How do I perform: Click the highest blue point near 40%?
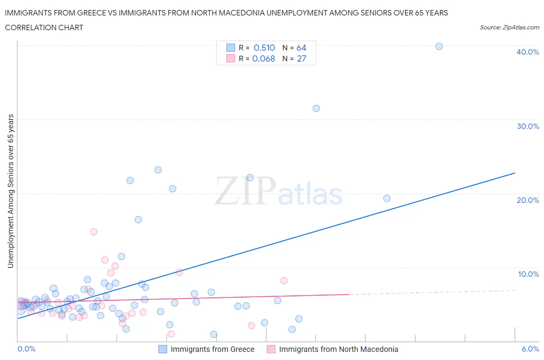[439, 46]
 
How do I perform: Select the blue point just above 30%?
[316, 108]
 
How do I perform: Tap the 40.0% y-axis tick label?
[527, 52]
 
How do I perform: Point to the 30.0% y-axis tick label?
[527, 126]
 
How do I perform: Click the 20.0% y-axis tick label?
[527, 200]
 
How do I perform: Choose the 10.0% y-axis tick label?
[528, 274]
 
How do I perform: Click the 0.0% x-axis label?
[26, 349]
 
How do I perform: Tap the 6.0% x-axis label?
[530, 349]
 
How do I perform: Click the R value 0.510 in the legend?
[264, 48]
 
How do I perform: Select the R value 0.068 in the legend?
[263, 58]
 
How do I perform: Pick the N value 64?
[301, 48]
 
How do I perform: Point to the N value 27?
[301, 58]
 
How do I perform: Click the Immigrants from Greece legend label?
[212, 349]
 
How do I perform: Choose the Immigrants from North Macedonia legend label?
[339, 349]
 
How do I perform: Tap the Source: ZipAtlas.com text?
[509, 27]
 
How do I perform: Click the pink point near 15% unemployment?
[94, 232]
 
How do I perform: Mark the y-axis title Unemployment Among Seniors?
[10, 191]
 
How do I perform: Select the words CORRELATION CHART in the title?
[44, 27]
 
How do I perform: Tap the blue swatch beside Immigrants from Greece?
[163, 349]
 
